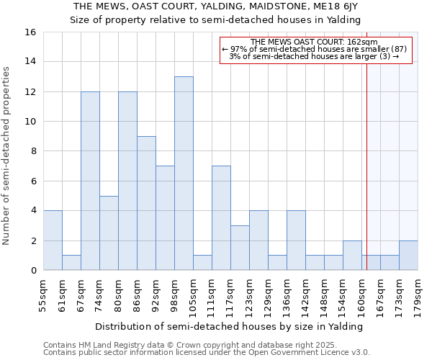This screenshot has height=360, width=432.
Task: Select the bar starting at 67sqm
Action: click(x=90, y=181)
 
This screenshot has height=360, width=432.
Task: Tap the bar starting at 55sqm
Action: click(x=53, y=240)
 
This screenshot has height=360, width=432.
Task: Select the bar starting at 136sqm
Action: click(x=296, y=240)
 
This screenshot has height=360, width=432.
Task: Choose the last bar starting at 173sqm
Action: click(x=408, y=256)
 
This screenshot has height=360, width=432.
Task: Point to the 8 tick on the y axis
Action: click(x=33, y=151)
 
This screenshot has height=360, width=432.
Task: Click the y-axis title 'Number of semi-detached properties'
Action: click(x=7, y=156)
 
